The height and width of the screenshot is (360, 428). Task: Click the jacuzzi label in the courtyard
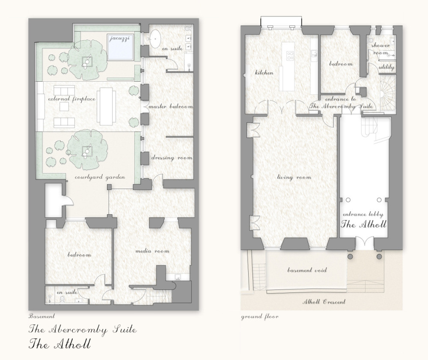click(x=119, y=38)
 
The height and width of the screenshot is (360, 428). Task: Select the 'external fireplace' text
click(x=72, y=99)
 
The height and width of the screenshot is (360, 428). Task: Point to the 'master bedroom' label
click(x=170, y=106)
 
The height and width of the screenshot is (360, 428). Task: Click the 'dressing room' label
click(x=172, y=158)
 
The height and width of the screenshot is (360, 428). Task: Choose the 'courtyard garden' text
click(x=100, y=177)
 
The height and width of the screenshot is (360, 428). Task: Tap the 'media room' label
click(x=152, y=251)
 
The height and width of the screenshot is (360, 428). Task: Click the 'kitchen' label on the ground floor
click(x=264, y=73)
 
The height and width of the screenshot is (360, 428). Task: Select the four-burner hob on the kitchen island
click(x=290, y=56)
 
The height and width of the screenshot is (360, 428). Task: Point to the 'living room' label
click(x=294, y=177)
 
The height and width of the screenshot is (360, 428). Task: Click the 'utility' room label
click(x=386, y=67)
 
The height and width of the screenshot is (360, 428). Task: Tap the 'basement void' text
click(x=307, y=270)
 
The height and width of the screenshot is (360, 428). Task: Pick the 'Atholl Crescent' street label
click(x=324, y=301)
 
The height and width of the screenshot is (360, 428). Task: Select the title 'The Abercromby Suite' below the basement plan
click(x=83, y=330)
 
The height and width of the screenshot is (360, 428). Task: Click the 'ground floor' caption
click(x=260, y=317)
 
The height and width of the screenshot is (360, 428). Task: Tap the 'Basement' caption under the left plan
click(x=42, y=316)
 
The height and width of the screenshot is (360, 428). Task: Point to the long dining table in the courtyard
click(x=106, y=106)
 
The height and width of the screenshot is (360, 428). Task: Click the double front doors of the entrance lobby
click(x=365, y=243)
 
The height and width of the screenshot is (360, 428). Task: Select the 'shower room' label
click(x=380, y=49)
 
